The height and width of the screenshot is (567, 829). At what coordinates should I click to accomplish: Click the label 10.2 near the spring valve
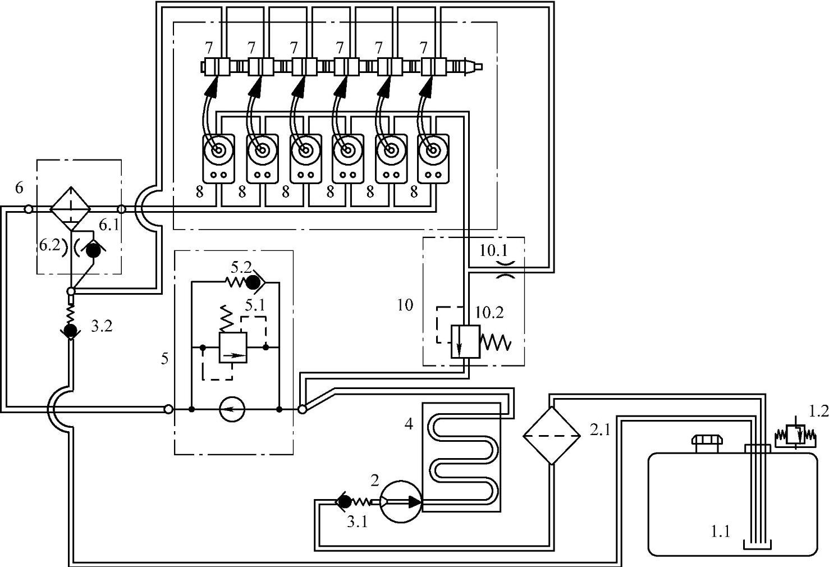coord(489,313)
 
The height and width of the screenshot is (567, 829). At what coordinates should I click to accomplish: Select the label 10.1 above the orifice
coord(494,251)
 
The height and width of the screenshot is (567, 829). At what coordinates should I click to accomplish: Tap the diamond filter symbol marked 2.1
coord(551,436)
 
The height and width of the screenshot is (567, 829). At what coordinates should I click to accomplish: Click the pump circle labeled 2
coord(400,501)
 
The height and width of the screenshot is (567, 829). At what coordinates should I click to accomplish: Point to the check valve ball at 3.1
coord(345,501)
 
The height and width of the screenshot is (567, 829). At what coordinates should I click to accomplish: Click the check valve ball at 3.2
coord(70,330)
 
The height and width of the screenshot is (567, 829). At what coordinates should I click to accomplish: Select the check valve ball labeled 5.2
coord(254,283)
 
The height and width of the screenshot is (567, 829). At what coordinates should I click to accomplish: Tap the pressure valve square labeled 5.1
coord(233,347)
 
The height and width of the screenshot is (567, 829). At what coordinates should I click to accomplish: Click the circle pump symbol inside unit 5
coord(232,409)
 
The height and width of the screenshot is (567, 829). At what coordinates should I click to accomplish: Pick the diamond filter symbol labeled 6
coord(70,209)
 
